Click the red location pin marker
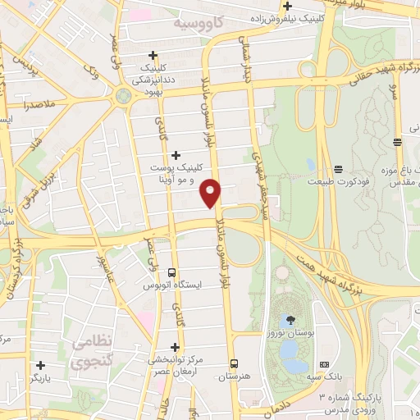tap(212, 193)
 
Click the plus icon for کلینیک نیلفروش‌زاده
tap(287, 7)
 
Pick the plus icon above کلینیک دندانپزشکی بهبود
tap(153, 56)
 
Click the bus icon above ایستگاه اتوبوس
tap(171, 272)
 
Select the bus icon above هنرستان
tap(235, 362)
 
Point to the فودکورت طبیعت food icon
tap(338, 167)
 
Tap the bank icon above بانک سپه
tap(325, 363)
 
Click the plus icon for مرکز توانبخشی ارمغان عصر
tap(175, 347)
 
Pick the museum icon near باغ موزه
tap(397, 142)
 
